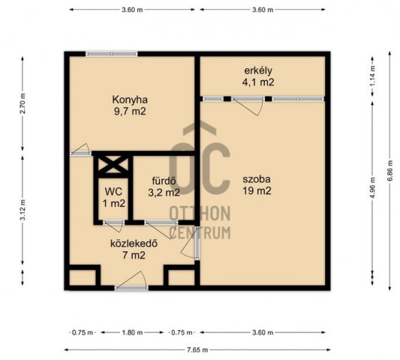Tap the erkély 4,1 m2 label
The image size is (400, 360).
coord(258,76)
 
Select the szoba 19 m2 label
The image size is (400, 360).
coord(257,184)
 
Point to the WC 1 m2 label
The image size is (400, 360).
coord(114,197)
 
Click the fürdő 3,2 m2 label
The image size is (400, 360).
coord(164,187)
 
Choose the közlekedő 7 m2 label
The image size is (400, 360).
coord(134,249)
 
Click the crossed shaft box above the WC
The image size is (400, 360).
coord(113,164)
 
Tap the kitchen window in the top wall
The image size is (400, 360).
coord(112,54)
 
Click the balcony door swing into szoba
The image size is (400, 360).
coord(248,107)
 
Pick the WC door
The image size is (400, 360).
coord(113,226)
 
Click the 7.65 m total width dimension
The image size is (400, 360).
coord(197,349)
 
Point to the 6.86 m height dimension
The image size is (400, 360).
coord(389,171)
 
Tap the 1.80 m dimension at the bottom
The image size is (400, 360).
coord(132,332)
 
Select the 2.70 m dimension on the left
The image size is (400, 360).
coord(23,103)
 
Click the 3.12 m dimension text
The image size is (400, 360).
coord(23,210)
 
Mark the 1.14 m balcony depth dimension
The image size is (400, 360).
coord(373,76)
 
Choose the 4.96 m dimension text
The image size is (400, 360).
coord(373,188)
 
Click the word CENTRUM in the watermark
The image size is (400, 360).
coord(200,232)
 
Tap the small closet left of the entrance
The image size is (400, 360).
coord(83,277)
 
